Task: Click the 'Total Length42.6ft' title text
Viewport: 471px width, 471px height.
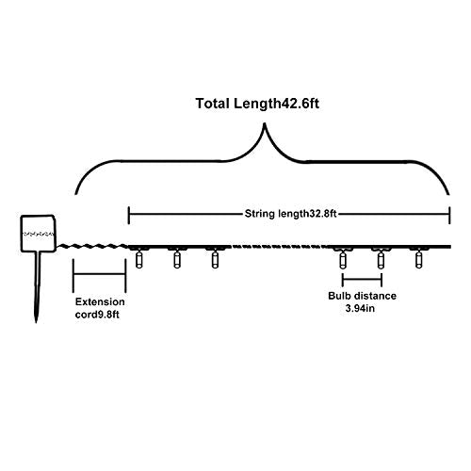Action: [x=257, y=104]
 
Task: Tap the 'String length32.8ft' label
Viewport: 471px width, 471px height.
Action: [x=290, y=214]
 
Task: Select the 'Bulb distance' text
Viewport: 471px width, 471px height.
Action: [x=362, y=296]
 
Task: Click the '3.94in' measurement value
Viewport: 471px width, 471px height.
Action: [x=360, y=308]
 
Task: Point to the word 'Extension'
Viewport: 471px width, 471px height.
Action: [x=100, y=301]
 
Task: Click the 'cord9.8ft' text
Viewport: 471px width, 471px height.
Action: [x=97, y=315]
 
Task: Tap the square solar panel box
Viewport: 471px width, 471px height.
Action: [x=38, y=234]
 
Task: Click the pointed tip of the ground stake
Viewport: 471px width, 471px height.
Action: [x=36, y=322]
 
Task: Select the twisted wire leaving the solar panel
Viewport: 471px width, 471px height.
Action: [x=92, y=246]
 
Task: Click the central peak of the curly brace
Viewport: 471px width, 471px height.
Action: [x=265, y=124]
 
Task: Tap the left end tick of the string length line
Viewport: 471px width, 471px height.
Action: [x=128, y=215]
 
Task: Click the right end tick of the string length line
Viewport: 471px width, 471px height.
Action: [x=449, y=215]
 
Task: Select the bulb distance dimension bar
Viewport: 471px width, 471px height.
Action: [x=362, y=279]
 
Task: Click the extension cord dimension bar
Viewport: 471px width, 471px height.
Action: [x=100, y=274]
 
